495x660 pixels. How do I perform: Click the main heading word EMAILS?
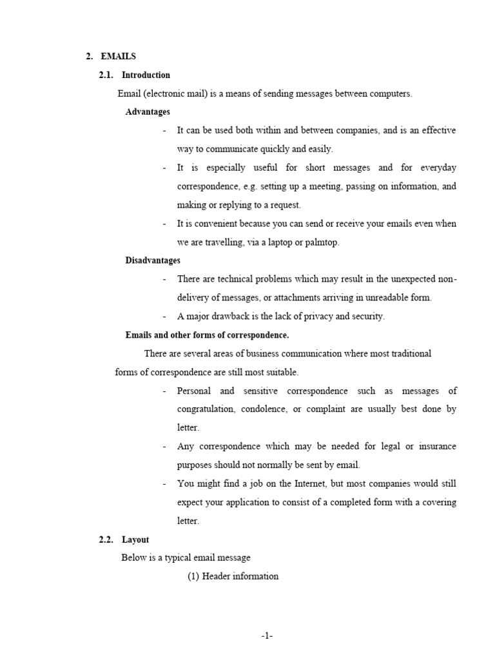119,57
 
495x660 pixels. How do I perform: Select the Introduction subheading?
146,75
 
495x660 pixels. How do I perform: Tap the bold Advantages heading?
148,112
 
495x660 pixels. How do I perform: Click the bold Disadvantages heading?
153,260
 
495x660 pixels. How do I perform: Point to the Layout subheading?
135,539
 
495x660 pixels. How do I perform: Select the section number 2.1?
106,75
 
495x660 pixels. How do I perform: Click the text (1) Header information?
233,576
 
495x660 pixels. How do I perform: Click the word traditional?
407,354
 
